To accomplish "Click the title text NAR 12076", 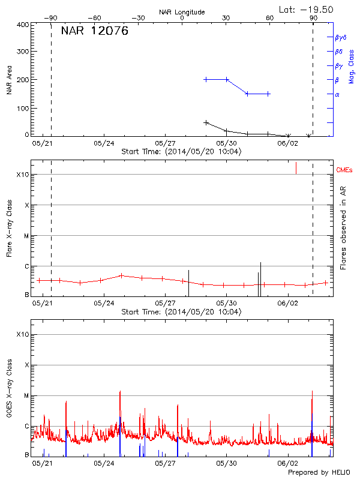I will [94, 32].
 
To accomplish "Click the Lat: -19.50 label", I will [306, 9].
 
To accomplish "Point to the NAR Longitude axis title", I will [182, 11].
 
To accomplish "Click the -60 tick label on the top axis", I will [94, 18].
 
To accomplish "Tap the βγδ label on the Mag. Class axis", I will [340, 37].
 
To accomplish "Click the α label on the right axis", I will [337, 94].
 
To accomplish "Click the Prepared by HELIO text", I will [317, 473].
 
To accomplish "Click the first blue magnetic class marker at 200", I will [206, 79].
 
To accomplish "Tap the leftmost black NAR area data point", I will [206, 122].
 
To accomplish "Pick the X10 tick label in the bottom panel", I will [22, 334].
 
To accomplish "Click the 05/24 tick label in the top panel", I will [104, 143].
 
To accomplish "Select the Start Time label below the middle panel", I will [181, 312].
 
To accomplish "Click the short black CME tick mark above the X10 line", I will [296, 167].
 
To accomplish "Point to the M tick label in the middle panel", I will [25, 236].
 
